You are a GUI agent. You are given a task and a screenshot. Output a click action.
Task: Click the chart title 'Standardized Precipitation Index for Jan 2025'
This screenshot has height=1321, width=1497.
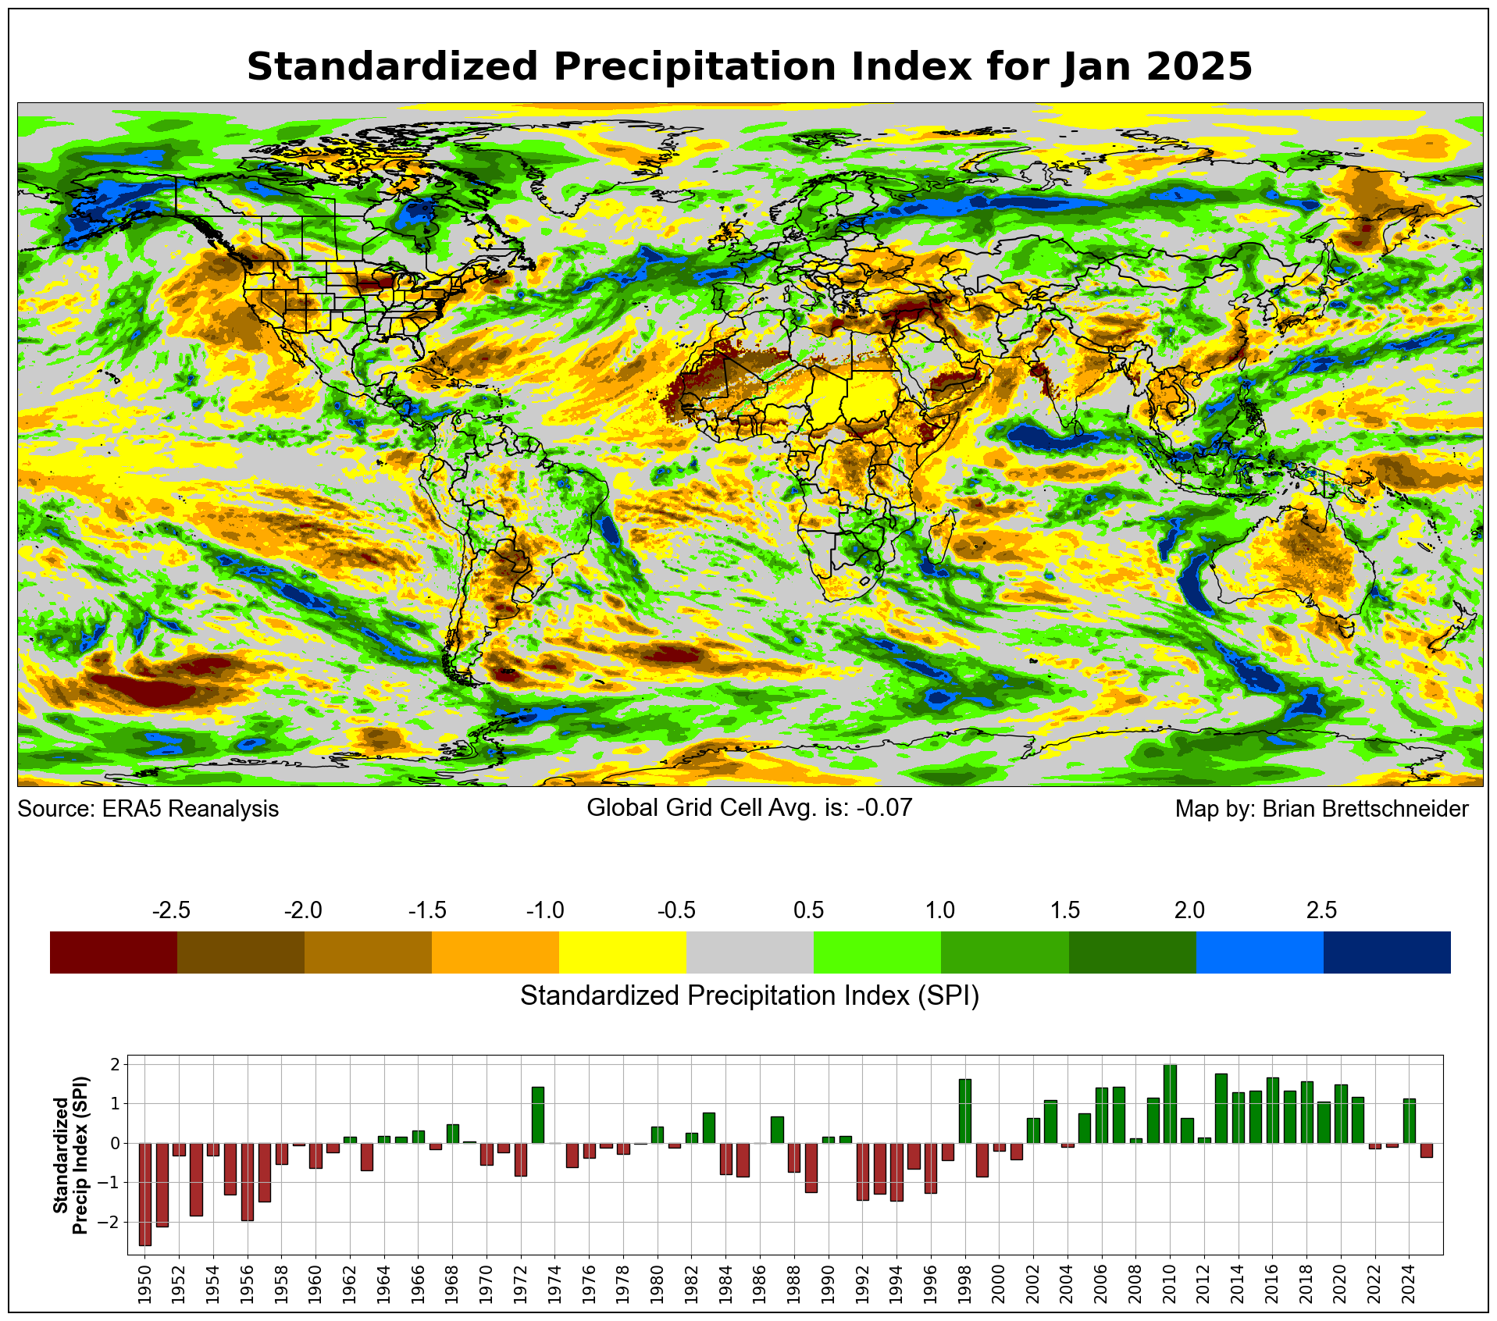click(749, 66)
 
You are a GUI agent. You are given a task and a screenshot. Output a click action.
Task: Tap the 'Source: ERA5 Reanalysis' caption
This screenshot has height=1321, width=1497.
click(148, 809)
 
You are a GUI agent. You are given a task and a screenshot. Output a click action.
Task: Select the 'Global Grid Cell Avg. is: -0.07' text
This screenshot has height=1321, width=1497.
click(749, 807)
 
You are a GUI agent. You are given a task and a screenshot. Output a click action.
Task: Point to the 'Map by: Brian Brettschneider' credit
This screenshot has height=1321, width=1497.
click(1321, 809)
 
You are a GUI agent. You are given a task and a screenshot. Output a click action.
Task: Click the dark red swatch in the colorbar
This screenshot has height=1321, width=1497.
click(113, 952)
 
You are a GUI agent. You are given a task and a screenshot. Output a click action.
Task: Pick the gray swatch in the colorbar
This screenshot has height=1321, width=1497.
click(750, 952)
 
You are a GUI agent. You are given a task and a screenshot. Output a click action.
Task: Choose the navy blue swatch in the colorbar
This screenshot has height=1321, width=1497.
click(1387, 952)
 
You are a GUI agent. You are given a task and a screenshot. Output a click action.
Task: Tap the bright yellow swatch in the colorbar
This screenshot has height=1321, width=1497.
click(622, 952)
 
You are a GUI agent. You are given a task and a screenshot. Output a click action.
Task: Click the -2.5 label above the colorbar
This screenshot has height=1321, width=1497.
click(171, 910)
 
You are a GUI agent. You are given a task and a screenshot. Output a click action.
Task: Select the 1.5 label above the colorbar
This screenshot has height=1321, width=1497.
click(1065, 910)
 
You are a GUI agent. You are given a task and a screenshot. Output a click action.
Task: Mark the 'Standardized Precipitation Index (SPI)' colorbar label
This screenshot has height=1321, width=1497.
click(749, 995)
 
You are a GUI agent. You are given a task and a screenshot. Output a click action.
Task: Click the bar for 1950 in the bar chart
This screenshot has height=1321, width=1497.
click(144, 1194)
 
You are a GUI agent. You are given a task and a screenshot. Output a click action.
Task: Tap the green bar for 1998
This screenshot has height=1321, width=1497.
click(964, 1111)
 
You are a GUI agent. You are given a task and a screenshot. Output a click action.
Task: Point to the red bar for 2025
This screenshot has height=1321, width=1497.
click(1426, 1150)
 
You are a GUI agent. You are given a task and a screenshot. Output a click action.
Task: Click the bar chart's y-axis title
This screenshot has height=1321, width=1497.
click(70, 1155)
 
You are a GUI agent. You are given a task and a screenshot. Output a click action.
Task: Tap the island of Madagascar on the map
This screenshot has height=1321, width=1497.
click(943, 537)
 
